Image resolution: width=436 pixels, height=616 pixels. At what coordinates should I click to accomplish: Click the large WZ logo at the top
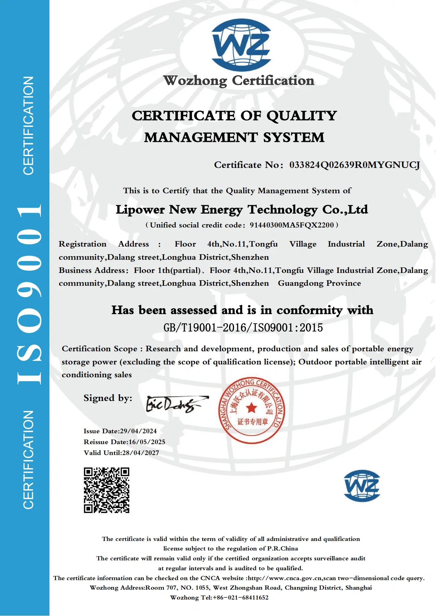[241, 45]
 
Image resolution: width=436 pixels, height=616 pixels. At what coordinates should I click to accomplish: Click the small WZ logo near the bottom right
[362, 486]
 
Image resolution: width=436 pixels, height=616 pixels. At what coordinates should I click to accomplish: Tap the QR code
[106, 490]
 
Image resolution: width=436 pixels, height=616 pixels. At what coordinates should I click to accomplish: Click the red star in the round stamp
[251, 408]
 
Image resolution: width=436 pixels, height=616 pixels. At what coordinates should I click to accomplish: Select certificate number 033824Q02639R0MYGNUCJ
[354, 165]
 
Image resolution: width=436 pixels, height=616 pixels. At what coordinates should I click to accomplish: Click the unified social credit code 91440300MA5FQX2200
[292, 225]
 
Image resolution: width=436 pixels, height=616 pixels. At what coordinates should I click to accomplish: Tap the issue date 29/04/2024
[138, 431]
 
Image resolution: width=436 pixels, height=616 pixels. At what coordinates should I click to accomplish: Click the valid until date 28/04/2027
[140, 453]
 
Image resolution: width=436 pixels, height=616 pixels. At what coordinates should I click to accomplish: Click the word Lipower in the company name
[140, 210]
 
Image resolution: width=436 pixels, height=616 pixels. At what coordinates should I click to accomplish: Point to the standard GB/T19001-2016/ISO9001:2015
[243, 328]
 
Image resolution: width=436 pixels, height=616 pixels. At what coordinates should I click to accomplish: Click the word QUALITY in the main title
[302, 116]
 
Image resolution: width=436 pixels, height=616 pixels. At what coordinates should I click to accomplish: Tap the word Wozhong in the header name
[195, 81]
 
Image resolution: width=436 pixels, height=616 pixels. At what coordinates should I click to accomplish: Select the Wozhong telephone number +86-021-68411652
[241, 598]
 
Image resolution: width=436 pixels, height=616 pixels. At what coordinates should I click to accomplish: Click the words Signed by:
[108, 398]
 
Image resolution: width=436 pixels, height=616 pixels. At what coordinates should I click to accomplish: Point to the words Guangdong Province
[319, 283]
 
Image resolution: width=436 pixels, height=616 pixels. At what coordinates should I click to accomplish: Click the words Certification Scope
[99, 349]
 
